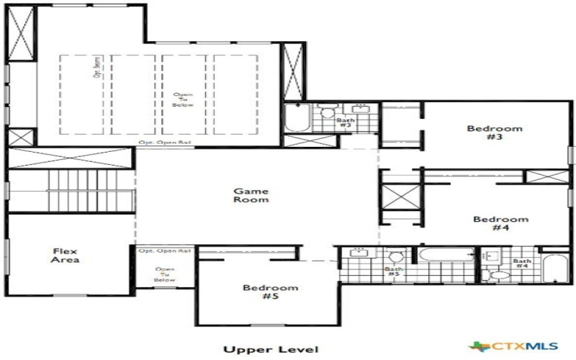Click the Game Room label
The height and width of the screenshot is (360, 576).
click(x=251, y=195)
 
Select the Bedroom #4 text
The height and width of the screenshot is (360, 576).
click(x=500, y=223)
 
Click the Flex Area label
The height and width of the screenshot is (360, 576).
click(x=66, y=255)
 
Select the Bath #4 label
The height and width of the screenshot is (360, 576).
click(x=522, y=263)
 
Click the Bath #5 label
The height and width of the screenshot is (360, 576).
click(x=392, y=271)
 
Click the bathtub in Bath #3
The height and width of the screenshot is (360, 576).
click(x=297, y=118)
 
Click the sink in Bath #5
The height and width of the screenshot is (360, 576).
click(x=356, y=253)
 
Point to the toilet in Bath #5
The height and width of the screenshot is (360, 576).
click(x=395, y=256)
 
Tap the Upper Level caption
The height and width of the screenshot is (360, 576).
click(x=270, y=350)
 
